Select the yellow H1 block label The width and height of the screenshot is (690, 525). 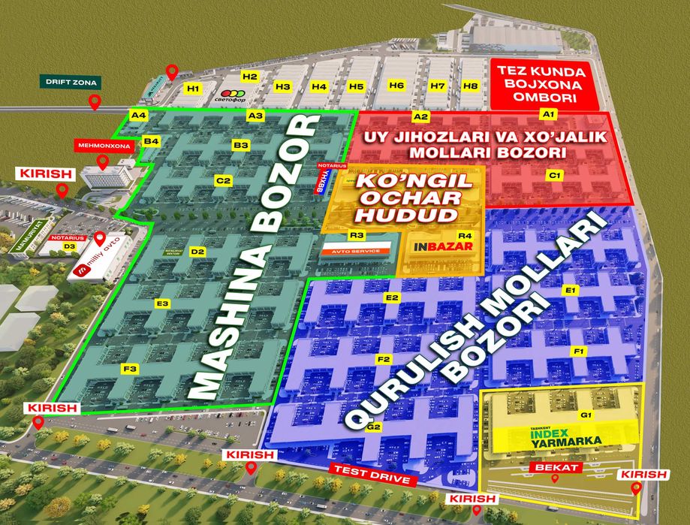click(x=194, y=89)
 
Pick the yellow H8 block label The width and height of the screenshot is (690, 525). click(x=471, y=86)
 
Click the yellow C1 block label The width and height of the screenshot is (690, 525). click(x=555, y=175)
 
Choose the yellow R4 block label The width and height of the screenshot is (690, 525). click(x=465, y=235)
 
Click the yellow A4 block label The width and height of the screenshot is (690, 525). click(x=138, y=116)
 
